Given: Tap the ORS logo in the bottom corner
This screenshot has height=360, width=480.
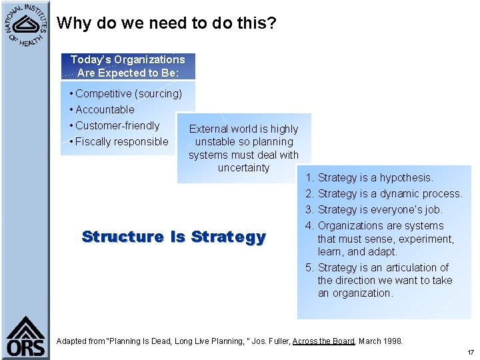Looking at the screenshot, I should [26, 337].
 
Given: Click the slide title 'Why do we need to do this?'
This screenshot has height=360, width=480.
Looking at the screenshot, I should [166, 23].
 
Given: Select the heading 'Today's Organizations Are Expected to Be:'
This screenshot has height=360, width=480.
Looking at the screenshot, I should [127, 66].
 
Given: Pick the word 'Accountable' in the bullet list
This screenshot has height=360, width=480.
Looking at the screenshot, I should [105, 110].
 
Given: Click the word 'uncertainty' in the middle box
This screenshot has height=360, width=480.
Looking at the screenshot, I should [243, 168].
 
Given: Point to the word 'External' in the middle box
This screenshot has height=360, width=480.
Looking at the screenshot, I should [209, 129].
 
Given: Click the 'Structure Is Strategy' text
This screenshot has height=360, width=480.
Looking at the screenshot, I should [173, 237].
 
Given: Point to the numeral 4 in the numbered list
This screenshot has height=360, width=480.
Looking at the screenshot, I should [309, 226].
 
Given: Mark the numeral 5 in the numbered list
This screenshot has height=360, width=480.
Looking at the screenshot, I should [309, 268].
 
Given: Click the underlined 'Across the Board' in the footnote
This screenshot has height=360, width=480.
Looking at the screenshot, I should [323, 341].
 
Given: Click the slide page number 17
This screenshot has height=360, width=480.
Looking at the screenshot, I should [470, 353].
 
